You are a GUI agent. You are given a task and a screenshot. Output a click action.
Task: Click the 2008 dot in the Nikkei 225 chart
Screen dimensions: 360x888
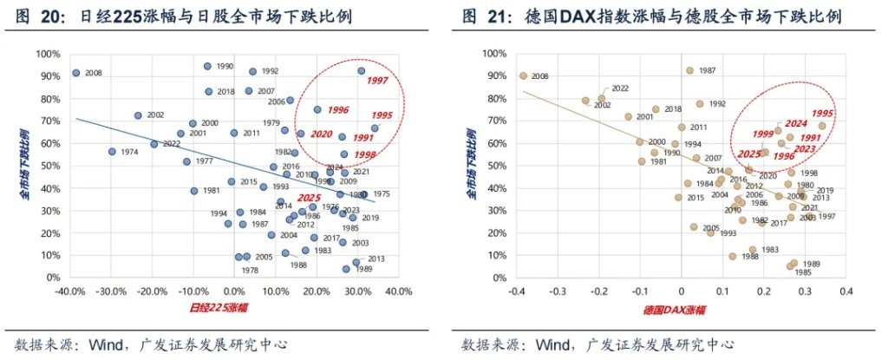pos(75,73)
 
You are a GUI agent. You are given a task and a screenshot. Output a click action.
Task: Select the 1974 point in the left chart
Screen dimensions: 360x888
pos(112,152)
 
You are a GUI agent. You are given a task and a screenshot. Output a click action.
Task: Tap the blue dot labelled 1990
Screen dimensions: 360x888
pos(207,67)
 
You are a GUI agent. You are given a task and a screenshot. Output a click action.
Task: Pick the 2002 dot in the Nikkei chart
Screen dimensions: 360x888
pos(138,115)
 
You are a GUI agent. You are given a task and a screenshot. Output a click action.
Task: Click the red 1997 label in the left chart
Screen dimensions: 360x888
pos(376,82)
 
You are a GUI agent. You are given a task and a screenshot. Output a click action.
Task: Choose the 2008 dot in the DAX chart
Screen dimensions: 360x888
pos(523,75)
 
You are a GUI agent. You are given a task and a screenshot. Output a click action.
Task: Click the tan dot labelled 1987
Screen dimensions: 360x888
pos(689,70)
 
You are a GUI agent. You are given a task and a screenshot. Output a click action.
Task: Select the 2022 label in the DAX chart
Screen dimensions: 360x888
pos(620,88)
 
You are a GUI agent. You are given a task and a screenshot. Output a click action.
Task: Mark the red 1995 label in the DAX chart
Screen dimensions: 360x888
pos(823,114)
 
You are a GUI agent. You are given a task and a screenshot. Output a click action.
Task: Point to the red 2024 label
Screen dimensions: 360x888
pos(796,123)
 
